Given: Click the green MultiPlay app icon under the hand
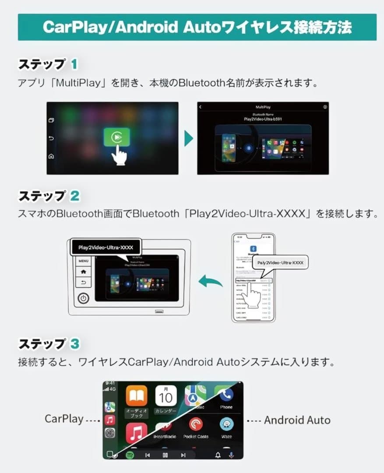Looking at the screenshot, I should click(116, 137).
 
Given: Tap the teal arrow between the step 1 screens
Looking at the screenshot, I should click(188, 138).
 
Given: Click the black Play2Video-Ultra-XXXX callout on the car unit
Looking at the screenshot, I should click(106, 247).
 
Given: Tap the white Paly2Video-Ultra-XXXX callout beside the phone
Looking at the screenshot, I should click(280, 263).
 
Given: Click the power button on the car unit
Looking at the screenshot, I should click(83, 298).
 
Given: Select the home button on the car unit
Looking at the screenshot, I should click(83, 272).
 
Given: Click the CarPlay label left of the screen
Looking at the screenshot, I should click(64, 419).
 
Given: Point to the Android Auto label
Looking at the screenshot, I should click(297, 420).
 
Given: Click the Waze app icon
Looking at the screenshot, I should click(226, 424).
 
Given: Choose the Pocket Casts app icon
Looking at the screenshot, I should click(196, 424).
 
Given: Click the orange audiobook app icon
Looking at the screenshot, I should click(137, 396).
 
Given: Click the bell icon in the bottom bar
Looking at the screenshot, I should click(218, 455).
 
